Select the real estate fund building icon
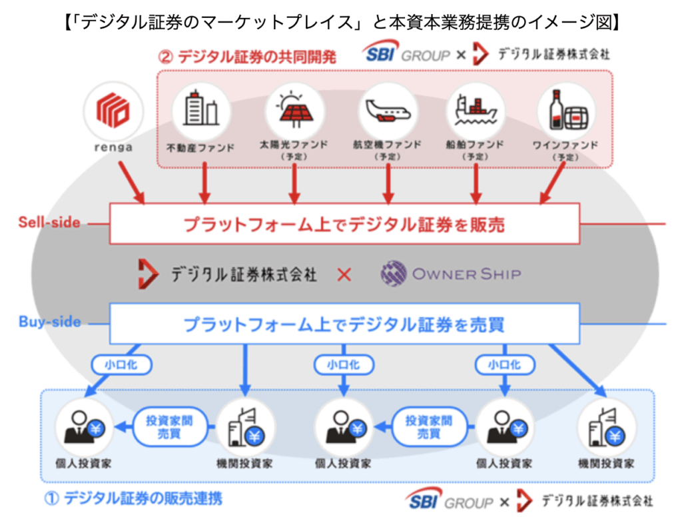point(200,109)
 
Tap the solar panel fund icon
point(294,109)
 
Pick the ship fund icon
point(476,109)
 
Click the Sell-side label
point(49,222)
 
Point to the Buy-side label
point(49,322)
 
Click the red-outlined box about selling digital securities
point(344,224)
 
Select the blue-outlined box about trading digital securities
point(344,324)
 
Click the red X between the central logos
point(344,274)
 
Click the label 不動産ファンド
point(200,147)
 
